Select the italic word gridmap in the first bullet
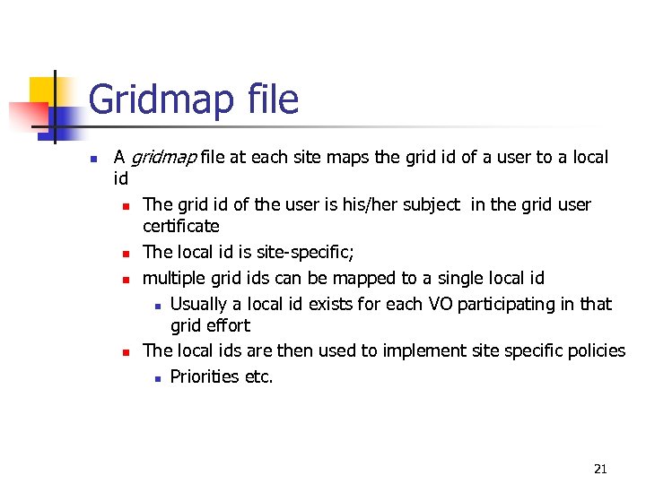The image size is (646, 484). point(164,159)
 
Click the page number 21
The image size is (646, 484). point(600,469)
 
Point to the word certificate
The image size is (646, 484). point(181,226)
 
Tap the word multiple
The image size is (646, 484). point(174,279)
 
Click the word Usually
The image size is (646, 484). point(199,305)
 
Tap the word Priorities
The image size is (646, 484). point(205,376)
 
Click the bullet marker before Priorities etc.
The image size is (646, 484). point(156,378)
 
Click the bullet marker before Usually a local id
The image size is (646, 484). point(156,306)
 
